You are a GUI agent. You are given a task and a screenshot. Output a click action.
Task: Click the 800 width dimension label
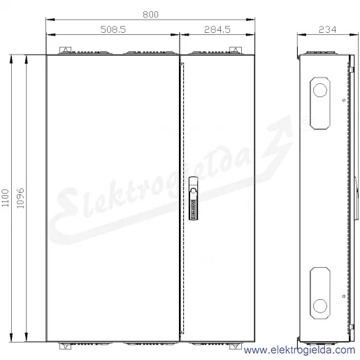(150, 15)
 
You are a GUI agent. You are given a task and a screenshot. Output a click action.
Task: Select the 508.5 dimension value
(113, 29)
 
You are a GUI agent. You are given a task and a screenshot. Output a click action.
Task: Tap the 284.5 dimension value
(217, 29)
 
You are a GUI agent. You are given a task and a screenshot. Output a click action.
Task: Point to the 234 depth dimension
(327, 29)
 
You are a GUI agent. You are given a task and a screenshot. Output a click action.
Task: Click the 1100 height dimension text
(5, 198)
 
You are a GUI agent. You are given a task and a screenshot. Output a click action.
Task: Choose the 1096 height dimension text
(20, 198)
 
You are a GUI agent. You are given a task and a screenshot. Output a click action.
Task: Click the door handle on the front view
(193, 199)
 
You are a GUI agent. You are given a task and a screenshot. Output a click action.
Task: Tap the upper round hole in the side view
(320, 90)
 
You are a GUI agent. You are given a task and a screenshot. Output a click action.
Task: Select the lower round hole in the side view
(320, 305)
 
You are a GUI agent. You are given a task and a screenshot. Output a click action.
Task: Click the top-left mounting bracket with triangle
(66, 50)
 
